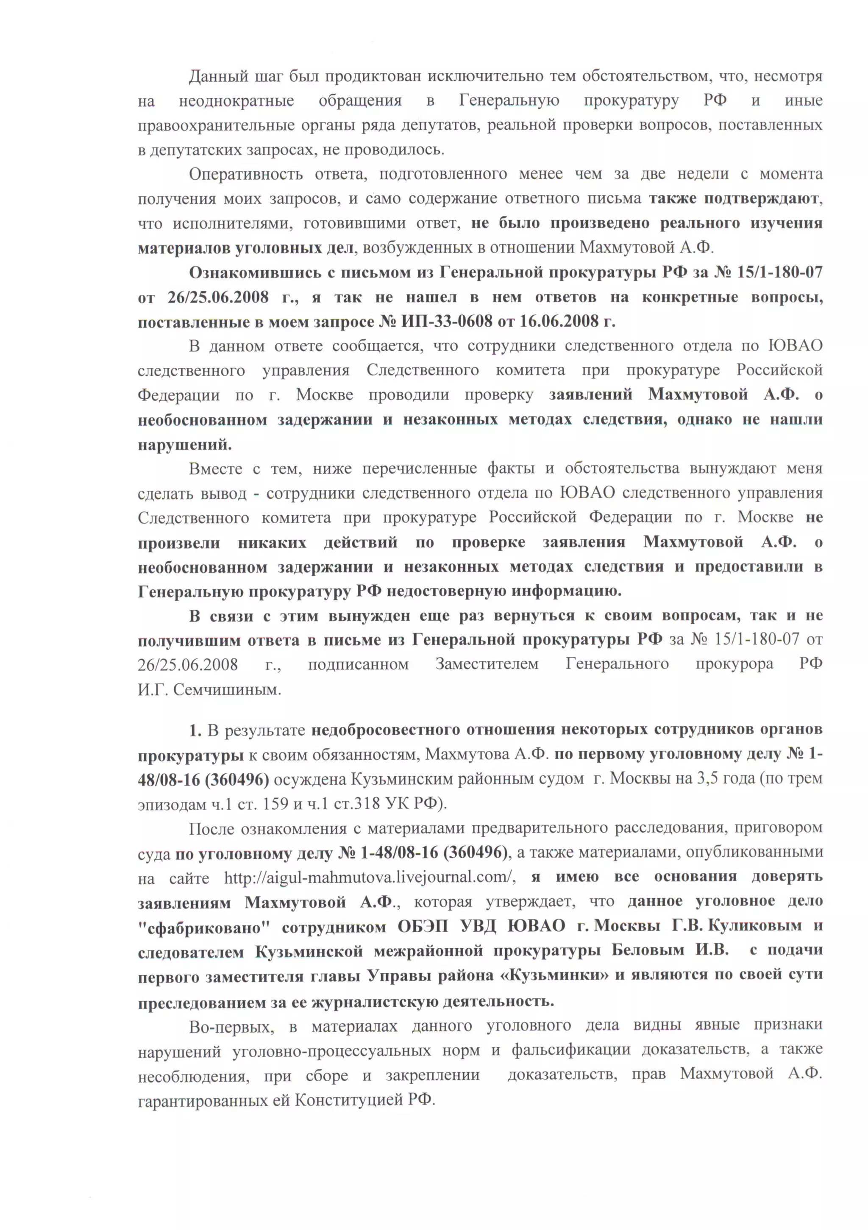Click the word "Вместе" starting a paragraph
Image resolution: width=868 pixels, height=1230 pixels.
pyautogui.click(x=215, y=469)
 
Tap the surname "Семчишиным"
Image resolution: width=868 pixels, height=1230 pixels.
pyautogui.click(x=227, y=689)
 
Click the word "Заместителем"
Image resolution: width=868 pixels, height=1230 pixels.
pyautogui.click(x=487, y=665)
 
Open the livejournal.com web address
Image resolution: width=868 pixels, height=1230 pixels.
pyautogui.click(x=370, y=877)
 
